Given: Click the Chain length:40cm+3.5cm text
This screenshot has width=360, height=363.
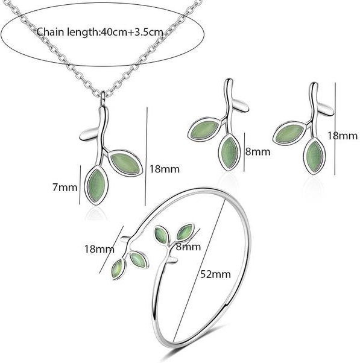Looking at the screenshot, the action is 100,32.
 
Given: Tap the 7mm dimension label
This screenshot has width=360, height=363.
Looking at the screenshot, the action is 65,187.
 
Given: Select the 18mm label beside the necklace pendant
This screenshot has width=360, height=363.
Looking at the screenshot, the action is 165,169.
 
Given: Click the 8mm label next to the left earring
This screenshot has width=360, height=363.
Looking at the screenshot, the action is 257,151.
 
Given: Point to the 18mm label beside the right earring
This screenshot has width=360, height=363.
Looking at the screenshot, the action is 343,136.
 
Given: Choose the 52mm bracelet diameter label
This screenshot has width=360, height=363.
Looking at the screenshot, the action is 215,274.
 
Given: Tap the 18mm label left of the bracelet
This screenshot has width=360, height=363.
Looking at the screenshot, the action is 99,249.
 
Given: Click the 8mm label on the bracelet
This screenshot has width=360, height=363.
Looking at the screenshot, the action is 188,247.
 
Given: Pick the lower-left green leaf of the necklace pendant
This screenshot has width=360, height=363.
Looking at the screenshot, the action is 96,185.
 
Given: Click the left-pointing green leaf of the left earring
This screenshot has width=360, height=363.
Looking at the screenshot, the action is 205,131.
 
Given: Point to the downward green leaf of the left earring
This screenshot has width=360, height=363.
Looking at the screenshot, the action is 229,153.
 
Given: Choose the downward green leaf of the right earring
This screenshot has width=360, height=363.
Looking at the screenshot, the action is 314,156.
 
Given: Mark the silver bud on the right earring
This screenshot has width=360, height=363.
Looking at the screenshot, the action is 326,109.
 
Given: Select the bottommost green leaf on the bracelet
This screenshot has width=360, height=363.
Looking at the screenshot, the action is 118,270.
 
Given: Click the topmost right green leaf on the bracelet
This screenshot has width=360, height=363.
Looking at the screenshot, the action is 185,232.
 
